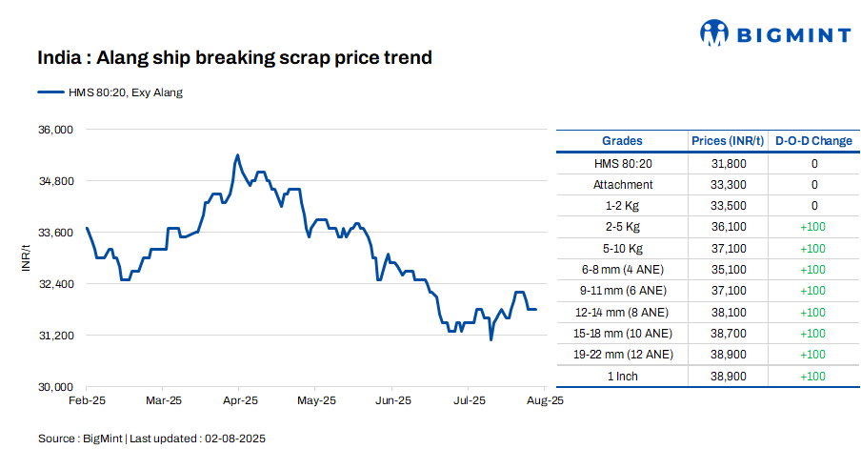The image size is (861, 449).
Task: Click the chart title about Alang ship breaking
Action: (x=234, y=58)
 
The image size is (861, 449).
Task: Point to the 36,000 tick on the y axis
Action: (x=54, y=130)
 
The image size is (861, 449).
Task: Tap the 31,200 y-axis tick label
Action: (x=54, y=336)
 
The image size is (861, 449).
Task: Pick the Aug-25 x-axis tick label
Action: (x=546, y=401)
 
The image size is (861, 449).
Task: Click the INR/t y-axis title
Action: (x=27, y=257)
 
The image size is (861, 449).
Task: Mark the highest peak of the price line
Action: (x=237, y=154)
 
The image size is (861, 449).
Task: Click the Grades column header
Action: (x=622, y=141)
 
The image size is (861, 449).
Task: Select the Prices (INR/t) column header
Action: (x=727, y=141)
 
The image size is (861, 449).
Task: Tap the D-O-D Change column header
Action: (x=813, y=141)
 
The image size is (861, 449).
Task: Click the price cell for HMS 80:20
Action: (x=729, y=164)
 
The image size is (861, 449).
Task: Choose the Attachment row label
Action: (x=623, y=185)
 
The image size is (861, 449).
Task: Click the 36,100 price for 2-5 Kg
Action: (x=729, y=227)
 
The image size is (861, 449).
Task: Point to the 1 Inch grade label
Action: (x=623, y=376)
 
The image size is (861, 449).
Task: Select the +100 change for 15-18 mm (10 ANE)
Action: (x=813, y=334)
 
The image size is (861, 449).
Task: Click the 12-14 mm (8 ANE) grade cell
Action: (x=623, y=312)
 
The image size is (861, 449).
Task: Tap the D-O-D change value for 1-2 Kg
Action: (x=813, y=206)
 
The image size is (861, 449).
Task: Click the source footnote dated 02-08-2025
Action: (x=151, y=439)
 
